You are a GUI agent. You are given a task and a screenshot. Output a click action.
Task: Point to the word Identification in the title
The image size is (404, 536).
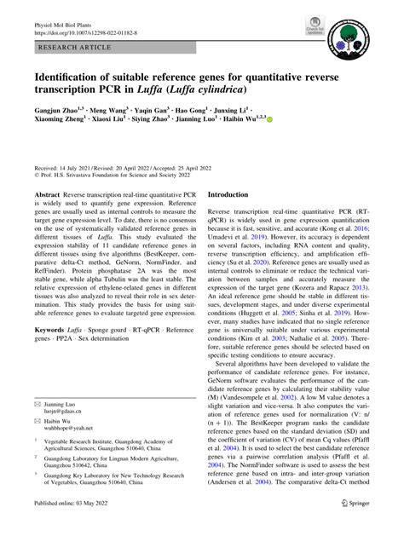point(74,76)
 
